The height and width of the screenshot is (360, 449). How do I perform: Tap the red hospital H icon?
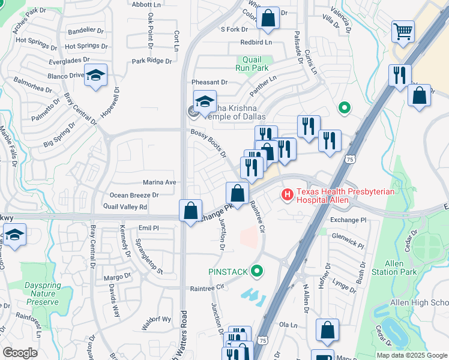[287, 195]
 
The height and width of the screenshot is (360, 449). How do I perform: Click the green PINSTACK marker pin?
[258, 272]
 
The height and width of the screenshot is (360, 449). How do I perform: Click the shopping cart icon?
[402, 31]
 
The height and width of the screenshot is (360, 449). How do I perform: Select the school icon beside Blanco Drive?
[95, 76]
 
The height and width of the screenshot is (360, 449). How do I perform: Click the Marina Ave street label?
[159, 182]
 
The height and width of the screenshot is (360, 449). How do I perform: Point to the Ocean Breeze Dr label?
[134, 195]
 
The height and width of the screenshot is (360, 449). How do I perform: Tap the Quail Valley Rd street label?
[125, 207]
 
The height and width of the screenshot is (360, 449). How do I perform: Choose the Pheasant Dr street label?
[209, 82]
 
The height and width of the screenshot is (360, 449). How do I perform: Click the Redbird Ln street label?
[256, 43]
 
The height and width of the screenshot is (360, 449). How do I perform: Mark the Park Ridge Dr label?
[152, 61]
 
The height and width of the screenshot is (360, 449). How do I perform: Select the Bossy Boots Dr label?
[208, 143]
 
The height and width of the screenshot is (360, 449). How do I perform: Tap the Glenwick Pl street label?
[348, 241]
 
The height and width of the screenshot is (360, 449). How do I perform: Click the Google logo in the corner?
[19, 353]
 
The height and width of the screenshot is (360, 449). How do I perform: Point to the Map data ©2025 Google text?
[412, 355]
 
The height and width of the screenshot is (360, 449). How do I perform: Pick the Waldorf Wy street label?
[157, 319]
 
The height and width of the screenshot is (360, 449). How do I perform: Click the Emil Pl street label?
[148, 228]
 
